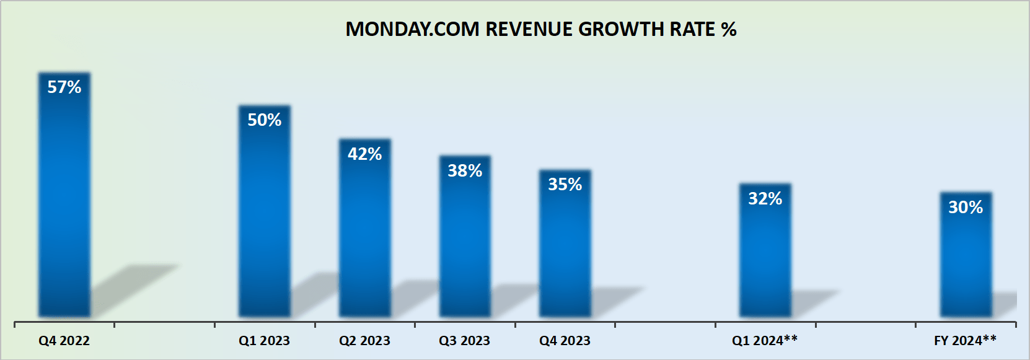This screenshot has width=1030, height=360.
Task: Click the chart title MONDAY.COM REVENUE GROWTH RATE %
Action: [540, 29]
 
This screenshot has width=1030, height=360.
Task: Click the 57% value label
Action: [64, 87]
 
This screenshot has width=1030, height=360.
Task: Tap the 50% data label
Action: [265, 120]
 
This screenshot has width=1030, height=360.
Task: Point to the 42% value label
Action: [364, 154]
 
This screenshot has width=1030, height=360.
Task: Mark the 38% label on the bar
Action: [465, 171]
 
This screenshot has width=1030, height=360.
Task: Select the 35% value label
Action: [565, 185]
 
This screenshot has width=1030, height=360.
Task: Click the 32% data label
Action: [765, 199]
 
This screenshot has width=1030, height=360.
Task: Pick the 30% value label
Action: [965, 208]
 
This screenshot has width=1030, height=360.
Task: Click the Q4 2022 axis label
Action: [64, 341]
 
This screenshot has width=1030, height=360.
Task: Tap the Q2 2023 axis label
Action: [364, 341]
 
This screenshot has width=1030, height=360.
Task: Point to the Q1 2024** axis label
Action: [764, 341]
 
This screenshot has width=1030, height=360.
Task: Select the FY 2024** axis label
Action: [965, 341]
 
